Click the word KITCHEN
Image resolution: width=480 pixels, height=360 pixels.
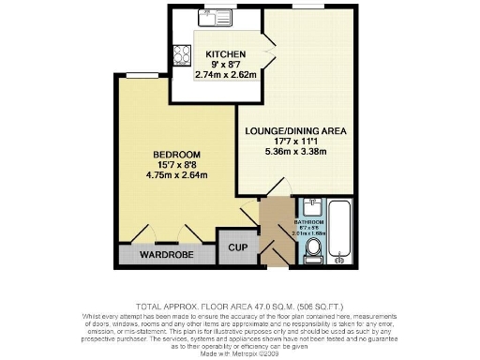[x=226, y=54]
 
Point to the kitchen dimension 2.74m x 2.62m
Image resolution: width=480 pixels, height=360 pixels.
[x=226, y=74]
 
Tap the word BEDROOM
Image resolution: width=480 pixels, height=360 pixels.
[x=176, y=155]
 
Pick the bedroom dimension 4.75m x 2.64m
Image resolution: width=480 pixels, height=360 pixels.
[x=176, y=174]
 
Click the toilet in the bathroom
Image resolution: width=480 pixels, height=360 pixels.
[x=312, y=247]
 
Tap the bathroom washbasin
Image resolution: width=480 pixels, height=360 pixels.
[x=311, y=208]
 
